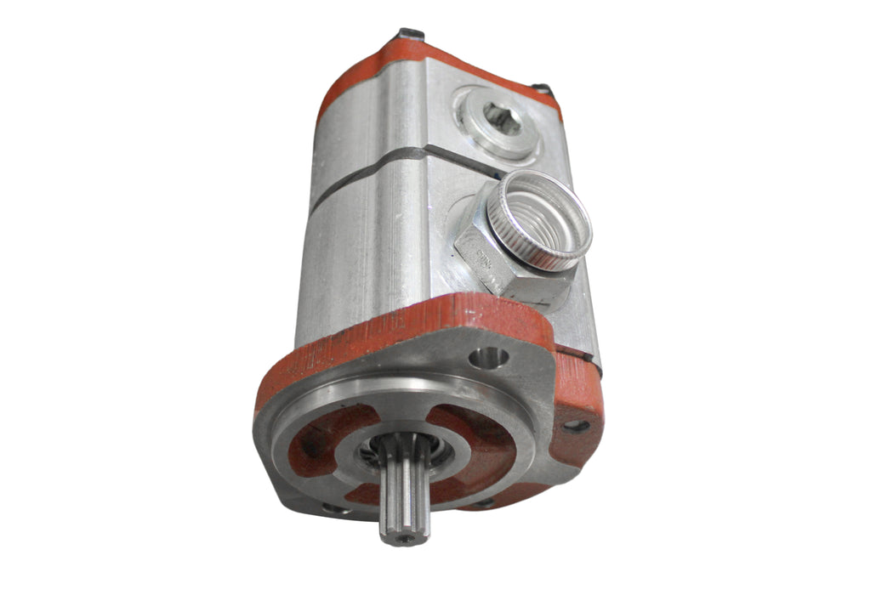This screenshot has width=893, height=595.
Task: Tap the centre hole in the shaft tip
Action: pos(405,538)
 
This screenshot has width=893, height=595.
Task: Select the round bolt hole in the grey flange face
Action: pos(489,358)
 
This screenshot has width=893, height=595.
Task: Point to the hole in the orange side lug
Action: pos(577,425)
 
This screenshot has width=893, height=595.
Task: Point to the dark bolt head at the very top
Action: pos(411,34)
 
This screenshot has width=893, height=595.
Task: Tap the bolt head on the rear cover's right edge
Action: pos(542,89)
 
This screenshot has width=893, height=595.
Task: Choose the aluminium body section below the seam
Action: pos(366,246)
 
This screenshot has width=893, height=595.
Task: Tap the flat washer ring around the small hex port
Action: pos(476,136)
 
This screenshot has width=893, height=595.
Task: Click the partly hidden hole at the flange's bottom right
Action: pos(485,503)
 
